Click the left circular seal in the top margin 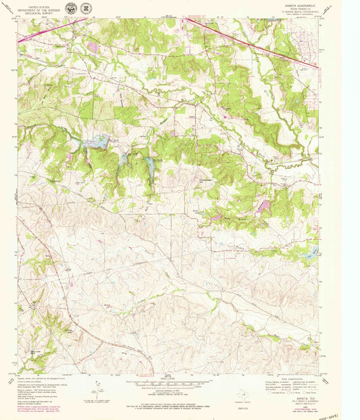(x=72, y=9)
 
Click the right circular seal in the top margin (x=86, y=9)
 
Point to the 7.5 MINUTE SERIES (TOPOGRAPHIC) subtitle (x=297, y=13)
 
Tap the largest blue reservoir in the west (x=96, y=142)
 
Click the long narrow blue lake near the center (x=149, y=165)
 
